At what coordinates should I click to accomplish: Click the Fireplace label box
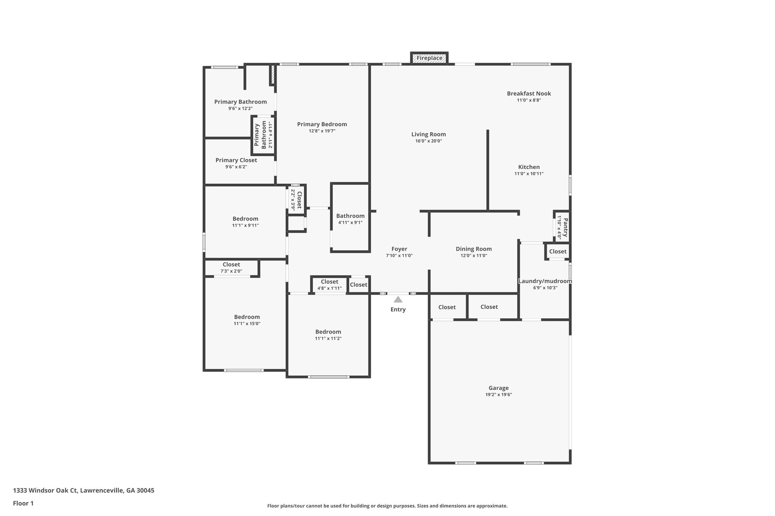coord(430,58)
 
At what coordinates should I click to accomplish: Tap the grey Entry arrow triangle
coord(398,300)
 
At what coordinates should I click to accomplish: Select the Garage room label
coord(498,388)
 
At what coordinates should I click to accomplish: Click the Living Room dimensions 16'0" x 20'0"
coord(428,141)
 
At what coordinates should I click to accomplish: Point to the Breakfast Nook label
coord(529,93)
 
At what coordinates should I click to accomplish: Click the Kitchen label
coord(529,167)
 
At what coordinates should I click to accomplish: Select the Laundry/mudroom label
coord(545,281)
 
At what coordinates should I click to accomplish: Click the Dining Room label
coord(473,249)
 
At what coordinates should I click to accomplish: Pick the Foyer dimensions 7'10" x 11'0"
coord(399,256)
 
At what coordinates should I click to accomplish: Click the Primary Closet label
coord(236,160)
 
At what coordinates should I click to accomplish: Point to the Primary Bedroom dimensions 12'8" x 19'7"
coord(322,131)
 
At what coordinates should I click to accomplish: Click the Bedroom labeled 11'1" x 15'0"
coord(247,317)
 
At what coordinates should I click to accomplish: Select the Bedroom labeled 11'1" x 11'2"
coord(328,332)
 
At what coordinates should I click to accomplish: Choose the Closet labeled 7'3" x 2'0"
coord(231,265)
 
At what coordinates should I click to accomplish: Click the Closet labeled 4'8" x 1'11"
coord(329,282)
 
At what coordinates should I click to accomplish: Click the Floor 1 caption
coord(23,503)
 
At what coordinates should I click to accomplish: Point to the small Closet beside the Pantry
coord(557,251)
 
